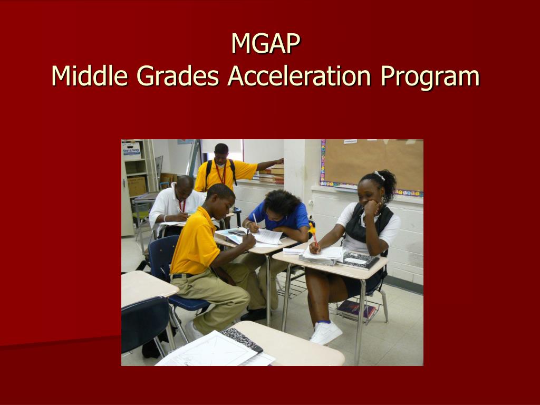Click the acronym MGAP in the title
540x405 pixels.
click(x=266, y=43)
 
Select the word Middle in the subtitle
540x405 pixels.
click(x=90, y=75)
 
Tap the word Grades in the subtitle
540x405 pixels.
click(x=178, y=76)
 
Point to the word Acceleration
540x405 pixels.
click(x=299, y=76)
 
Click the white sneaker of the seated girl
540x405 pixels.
click(x=326, y=332)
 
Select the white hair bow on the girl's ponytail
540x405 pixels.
click(x=379, y=175)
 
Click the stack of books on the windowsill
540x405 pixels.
click(x=272, y=174)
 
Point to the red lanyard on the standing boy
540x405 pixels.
click(x=221, y=173)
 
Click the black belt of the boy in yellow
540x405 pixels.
click(x=183, y=275)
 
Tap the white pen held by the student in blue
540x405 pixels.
click(x=255, y=219)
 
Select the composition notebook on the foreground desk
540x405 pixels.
click(x=242, y=340)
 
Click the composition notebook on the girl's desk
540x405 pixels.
click(x=358, y=261)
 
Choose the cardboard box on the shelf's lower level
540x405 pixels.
click(x=137, y=186)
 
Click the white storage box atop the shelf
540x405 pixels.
click(x=131, y=150)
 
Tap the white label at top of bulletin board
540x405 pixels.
click(x=350, y=141)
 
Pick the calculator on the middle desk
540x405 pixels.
click(x=237, y=232)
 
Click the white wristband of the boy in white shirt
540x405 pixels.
click(x=165, y=218)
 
